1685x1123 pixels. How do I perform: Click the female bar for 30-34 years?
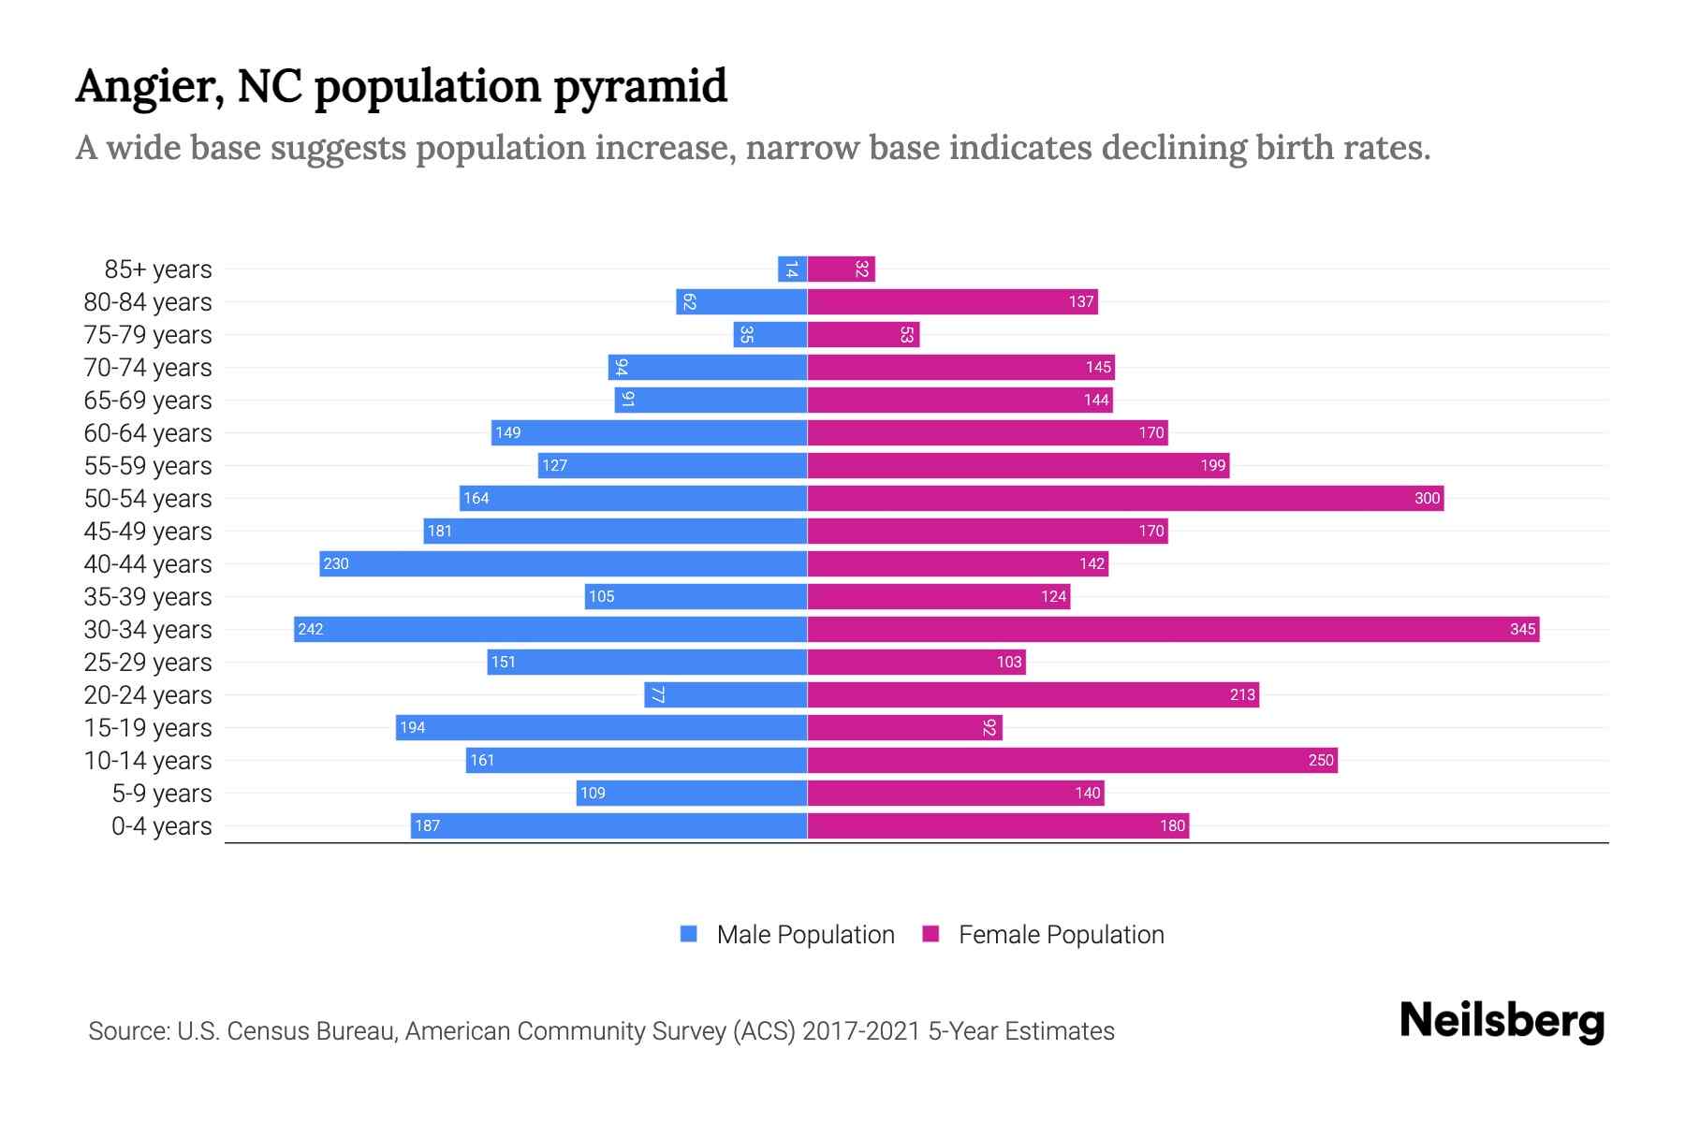(x=1173, y=629)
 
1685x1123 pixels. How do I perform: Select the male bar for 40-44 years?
(x=564, y=563)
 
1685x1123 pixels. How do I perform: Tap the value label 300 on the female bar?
(x=1427, y=498)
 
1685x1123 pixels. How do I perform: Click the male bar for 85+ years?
(x=793, y=269)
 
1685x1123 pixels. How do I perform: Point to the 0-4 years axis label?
(x=161, y=826)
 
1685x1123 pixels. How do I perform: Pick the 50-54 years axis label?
(x=148, y=499)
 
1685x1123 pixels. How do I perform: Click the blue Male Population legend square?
(x=689, y=934)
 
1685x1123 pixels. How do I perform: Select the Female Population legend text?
(x=1061, y=935)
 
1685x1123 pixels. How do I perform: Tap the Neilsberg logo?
(x=1502, y=1021)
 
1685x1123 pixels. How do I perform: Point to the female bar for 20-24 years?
(x=1033, y=694)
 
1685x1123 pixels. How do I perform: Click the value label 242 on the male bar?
(x=311, y=629)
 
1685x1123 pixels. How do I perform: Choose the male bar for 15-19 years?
(x=601, y=727)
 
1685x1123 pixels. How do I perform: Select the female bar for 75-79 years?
(x=863, y=334)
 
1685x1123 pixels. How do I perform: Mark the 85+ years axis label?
(x=157, y=270)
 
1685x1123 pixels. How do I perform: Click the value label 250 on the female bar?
(x=1320, y=760)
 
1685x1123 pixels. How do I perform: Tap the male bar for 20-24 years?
(x=725, y=694)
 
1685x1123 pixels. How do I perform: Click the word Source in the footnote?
(x=128, y=1031)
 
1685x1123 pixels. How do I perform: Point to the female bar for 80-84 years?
(x=952, y=301)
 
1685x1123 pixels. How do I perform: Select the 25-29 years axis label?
(x=148, y=663)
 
